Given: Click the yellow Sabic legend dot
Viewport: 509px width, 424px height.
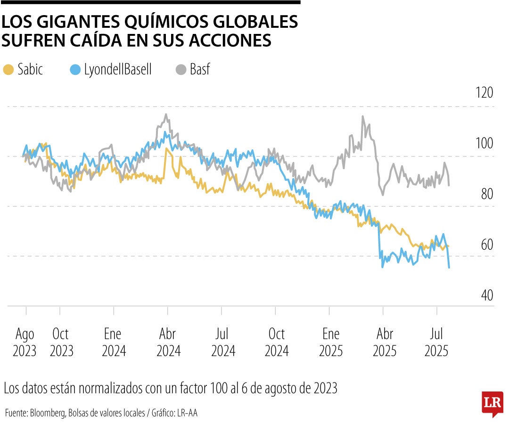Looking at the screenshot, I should point(8,70).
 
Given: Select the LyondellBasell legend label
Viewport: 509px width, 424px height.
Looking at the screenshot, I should point(117,70).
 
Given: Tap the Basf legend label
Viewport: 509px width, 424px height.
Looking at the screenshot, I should point(200,70).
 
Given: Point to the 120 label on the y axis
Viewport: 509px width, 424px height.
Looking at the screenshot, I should point(484,93).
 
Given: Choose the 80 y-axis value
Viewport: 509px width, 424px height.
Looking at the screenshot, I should point(486,194).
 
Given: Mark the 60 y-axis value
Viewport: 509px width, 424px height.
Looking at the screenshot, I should point(486,245).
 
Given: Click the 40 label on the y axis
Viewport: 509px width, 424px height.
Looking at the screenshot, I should point(486,295).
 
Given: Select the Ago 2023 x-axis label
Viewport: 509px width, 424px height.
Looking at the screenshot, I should point(25,342).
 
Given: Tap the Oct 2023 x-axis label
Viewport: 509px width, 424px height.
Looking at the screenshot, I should point(61,342).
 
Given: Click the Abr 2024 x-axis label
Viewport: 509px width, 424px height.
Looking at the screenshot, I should point(168,342).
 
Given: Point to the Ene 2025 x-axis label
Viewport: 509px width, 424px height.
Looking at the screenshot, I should point(331,342).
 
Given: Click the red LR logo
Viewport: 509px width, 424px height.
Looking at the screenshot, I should point(492,403).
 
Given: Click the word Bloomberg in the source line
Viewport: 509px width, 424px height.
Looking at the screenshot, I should point(48,413).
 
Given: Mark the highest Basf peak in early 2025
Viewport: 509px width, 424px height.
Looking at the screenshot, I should point(362,116).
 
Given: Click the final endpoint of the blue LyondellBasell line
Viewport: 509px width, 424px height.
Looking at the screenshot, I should point(449,268).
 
